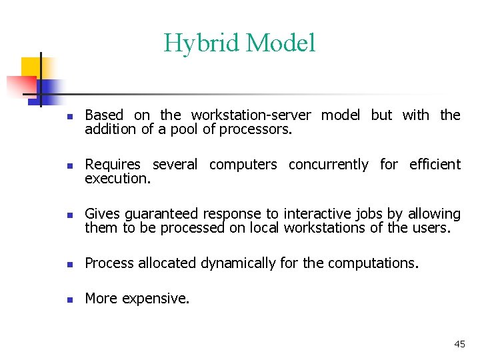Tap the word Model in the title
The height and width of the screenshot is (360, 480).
pos(280,44)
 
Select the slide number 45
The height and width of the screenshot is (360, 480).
pos(459,344)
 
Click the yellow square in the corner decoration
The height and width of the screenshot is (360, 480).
pos(31,67)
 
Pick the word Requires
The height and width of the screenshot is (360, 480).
pos(113,165)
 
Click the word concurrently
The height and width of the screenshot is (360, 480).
pos(328,165)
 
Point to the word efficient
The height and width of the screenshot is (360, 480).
pos(435,165)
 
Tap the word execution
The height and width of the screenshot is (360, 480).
pos(117,179)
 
